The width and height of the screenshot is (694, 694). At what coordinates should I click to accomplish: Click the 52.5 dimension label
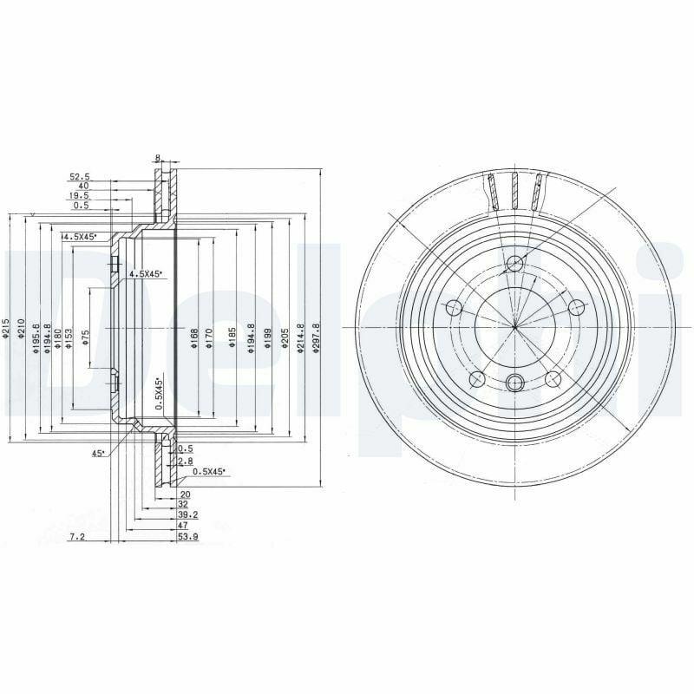click(x=81, y=176)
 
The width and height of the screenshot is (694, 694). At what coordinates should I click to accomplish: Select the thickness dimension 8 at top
click(x=158, y=159)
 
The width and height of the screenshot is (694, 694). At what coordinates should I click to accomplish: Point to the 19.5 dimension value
click(x=81, y=196)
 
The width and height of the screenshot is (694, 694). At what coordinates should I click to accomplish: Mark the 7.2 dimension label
click(x=75, y=538)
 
